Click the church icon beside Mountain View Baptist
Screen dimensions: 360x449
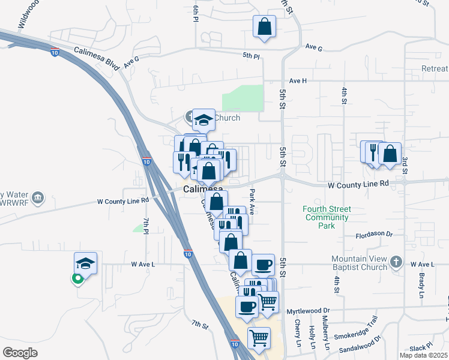(x=396, y=262)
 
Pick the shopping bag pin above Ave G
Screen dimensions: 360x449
(x=264, y=28)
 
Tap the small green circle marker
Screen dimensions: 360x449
(x=77, y=278)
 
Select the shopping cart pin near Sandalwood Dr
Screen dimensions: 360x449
(x=259, y=338)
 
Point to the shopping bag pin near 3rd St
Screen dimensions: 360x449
(x=390, y=154)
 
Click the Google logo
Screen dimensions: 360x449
(x=20, y=353)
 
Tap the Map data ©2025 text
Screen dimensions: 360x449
(x=424, y=355)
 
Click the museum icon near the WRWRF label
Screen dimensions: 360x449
(x=38, y=197)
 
